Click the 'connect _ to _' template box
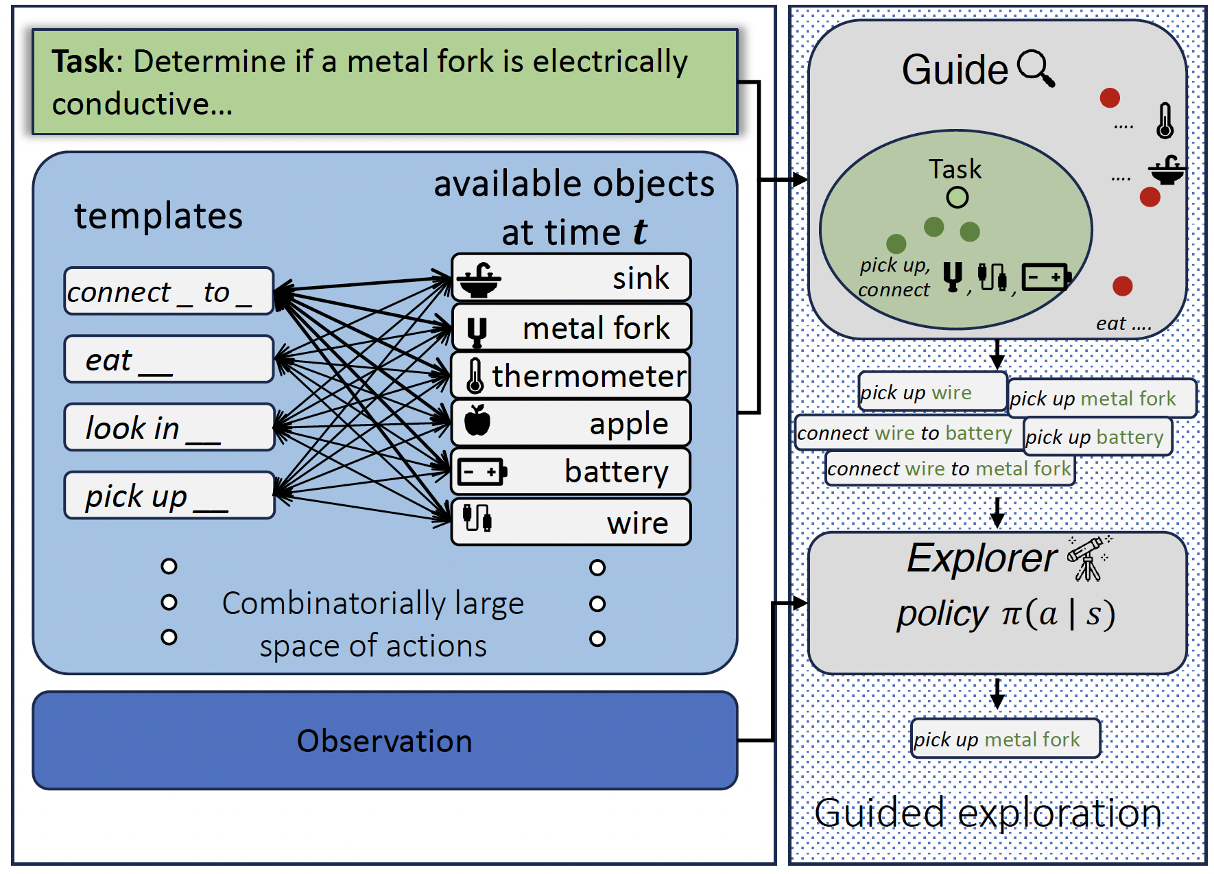coord(169,292)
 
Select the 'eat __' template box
coord(169,359)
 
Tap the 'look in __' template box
coord(169,427)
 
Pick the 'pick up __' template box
coord(169,495)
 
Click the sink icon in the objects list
coord(479,279)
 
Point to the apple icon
coord(477,421)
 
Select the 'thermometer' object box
coord(571,376)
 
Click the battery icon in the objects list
coord(481,472)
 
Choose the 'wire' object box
coord(571,523)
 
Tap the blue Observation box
coord(385,741)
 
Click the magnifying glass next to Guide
coord(1036,69)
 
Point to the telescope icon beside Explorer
coord(1088,558)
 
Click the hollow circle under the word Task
coord(957,198)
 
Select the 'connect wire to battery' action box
coord(905,433)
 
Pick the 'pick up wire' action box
coord(931,392)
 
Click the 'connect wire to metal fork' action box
coord(949,469)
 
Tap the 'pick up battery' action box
coord(1097,437)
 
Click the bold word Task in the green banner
coord(83,61)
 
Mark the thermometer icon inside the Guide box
coord(1165,121)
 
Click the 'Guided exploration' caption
coord(988,814)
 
